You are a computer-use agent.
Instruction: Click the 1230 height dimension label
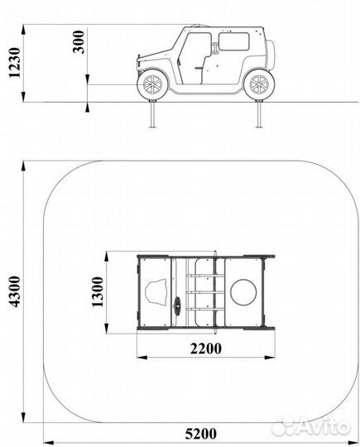click(15, 63)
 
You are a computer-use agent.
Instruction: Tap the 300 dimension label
click(79, 42)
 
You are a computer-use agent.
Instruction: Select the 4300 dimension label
click(15, 291)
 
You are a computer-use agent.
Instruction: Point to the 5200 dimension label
click(201, 434)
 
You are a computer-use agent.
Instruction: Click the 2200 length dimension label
click(206, 348)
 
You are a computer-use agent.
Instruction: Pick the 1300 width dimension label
click(97, 291)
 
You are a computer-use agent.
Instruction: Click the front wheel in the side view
click(152, 84)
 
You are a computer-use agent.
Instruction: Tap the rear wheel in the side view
click(259, 84)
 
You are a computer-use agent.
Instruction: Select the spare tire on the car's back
click(270, 55)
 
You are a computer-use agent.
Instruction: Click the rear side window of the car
click(233, 41)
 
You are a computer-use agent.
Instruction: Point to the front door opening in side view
click(194, 58)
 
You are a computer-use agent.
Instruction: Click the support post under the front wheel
click(152, 114)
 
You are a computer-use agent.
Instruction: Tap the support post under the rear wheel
click(259, 114)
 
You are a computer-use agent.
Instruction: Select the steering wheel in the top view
click(177, 306)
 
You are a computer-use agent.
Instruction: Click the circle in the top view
click(243, 292)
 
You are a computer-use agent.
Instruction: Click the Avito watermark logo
click(310, 427)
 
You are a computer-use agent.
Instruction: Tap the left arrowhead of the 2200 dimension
click(142, 358)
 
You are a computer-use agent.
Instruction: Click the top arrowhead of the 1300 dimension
click(107, 257)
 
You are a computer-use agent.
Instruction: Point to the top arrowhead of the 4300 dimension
click(24, 166)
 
